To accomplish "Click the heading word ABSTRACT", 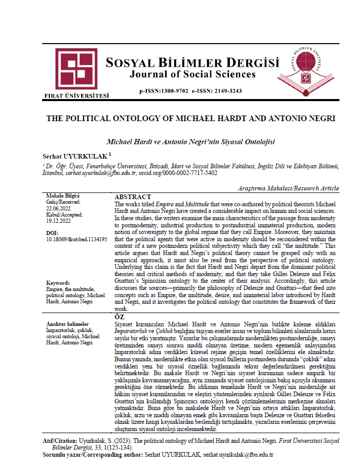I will click(x=132, y=197).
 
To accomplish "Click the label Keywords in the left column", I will click(x=58, y=282).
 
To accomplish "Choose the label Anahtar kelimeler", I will click(x=68, y=324).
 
